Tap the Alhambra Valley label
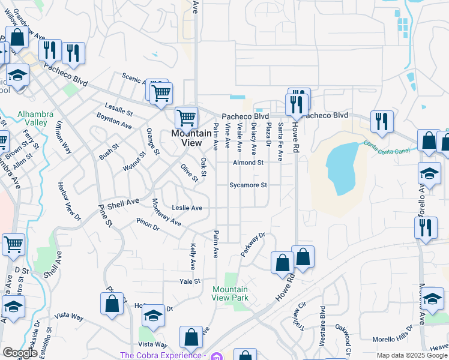click(35, 118)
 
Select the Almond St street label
click(249, 163)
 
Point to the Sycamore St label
click(248, 185)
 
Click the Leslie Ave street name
click(187, 208)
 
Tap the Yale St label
click(189, 281)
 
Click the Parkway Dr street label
click(253, 244)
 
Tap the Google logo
click(20, 353)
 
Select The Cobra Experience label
click(162, 355)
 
